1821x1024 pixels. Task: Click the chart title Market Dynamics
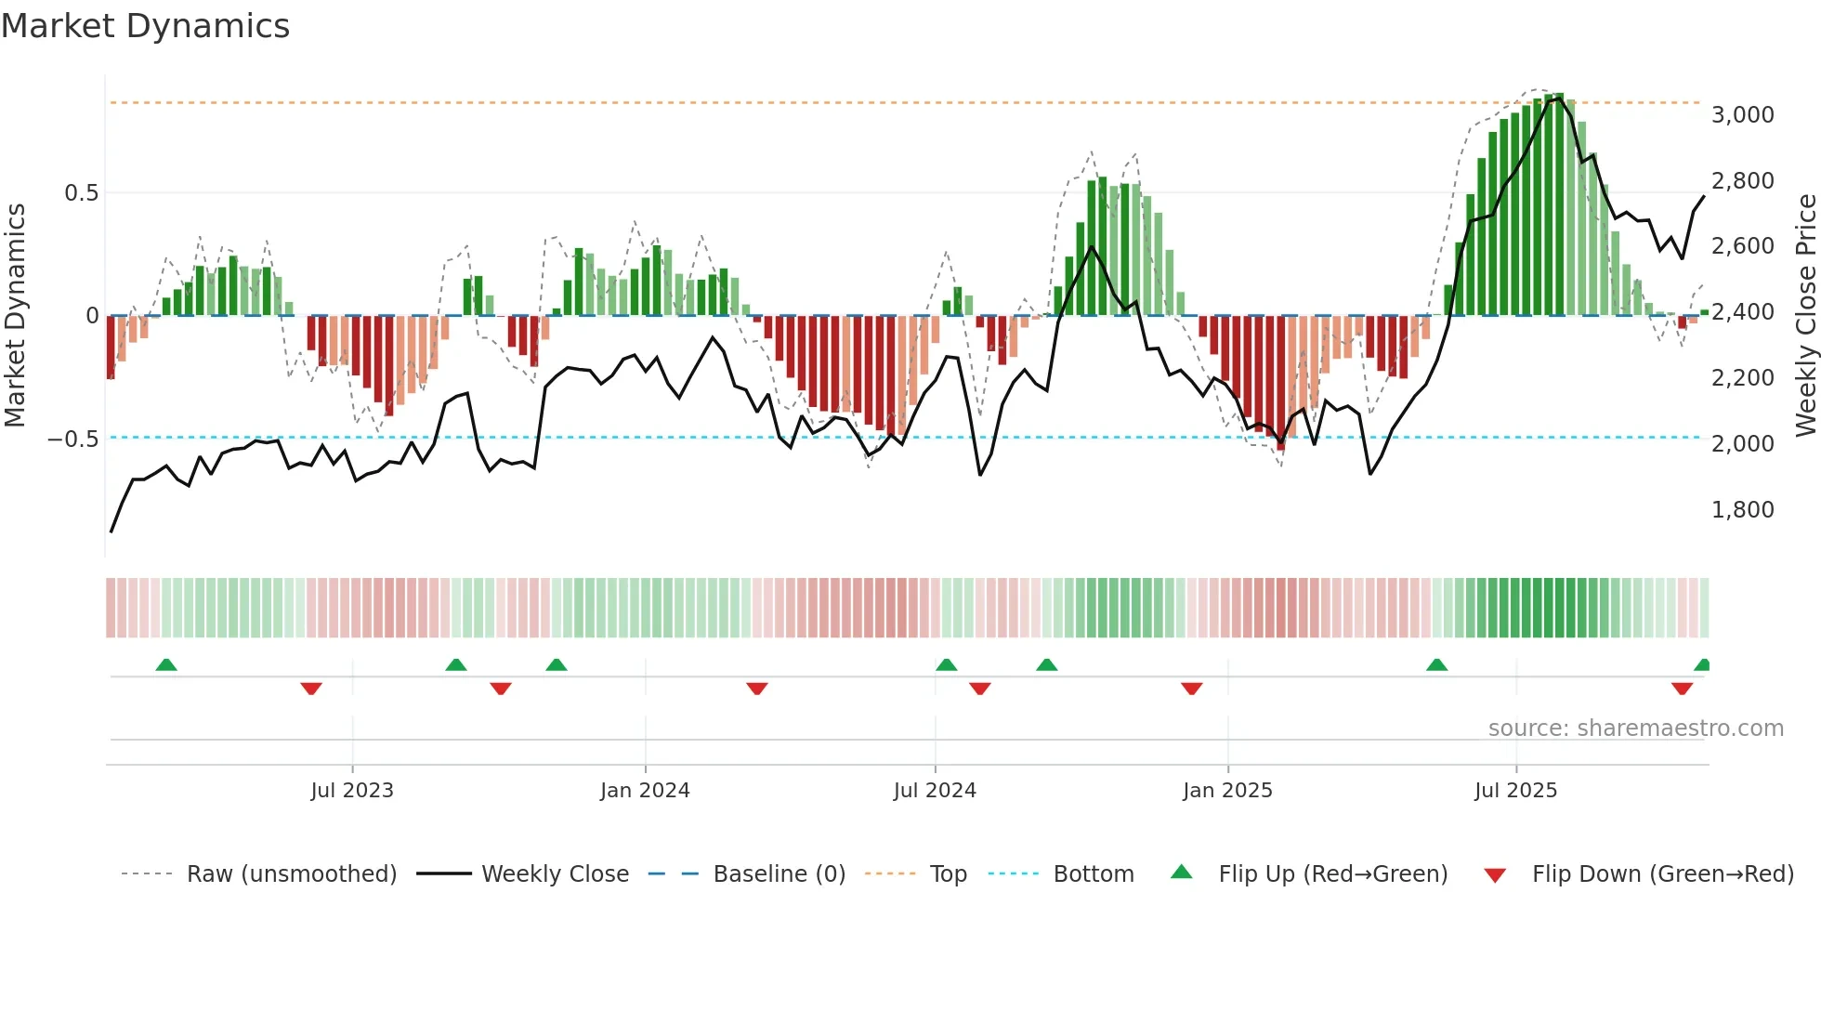pyautogui.click(x=145, y=26)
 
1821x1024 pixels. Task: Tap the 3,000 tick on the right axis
pyautogui.click(x=1742, y=115)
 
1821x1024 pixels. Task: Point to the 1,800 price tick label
pyautogui.click(x=1742, y=510)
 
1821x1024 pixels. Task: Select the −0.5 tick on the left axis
pyautogui.click(x=72, y=439)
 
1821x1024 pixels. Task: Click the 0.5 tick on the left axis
pyautogui.click(x=81, y=193)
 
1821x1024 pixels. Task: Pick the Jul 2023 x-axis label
pyautogui.click(x=352, y=791)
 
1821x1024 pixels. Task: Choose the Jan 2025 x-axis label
pyautogui.click(x=1227, y=791)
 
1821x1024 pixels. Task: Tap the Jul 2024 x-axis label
pyautogui.click(x=935, y=791)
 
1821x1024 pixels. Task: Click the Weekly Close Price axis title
pyautogui.click(x=1805, y=316)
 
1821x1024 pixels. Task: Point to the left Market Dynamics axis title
pyautogui.click(x=15, y=316)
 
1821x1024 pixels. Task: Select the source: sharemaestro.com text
pyautogui.click(x=1635, y=729)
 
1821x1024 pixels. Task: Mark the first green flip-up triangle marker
pyautogui.click(x=166, y=665)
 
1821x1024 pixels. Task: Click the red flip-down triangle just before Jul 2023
pyautogui.click(x=311, y=689)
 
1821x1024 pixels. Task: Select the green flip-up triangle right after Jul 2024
pyautogui.click(x=946, y=665)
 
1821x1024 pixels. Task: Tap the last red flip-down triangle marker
pyautogui.click(x=1682, y=689)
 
